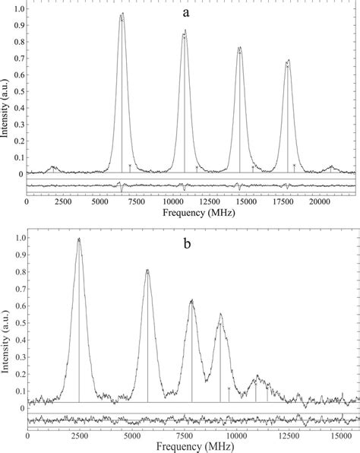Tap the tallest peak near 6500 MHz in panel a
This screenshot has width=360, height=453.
(122, 14)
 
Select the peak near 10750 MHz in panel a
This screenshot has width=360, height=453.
(185, 32)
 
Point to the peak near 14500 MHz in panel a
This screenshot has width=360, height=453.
(239, 49)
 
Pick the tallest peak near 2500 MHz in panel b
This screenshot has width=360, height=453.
(78, 239)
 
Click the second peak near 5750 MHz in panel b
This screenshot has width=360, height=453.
(147, 271)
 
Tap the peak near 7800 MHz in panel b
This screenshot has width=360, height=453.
(191, 301)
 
